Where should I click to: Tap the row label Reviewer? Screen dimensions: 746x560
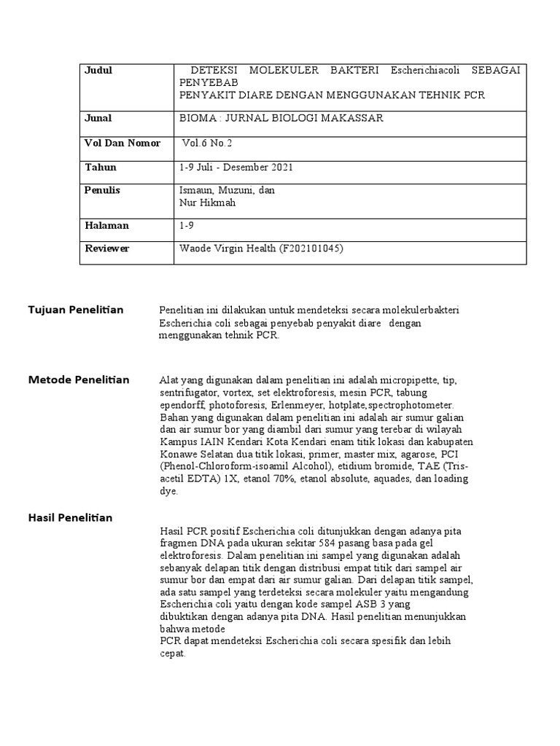[107, 248]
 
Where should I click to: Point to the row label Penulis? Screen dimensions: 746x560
[103, 190]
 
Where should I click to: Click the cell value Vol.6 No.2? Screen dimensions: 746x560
[208, 143]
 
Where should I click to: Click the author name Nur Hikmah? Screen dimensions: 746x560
[208, 203]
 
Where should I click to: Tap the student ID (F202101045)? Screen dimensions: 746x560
[310, 248]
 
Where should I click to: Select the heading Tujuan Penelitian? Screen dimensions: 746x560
[76, 310]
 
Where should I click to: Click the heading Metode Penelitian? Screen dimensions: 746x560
[79, 380]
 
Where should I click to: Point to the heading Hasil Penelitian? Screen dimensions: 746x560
[70, 518]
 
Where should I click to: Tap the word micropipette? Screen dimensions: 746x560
[405, 380]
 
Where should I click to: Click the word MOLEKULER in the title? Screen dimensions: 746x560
[279, 71]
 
